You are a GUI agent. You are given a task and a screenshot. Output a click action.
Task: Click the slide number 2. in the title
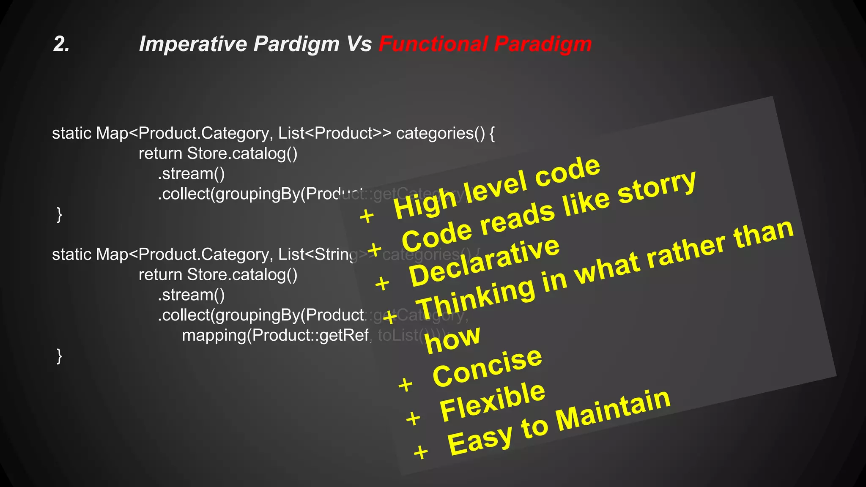point(61,44)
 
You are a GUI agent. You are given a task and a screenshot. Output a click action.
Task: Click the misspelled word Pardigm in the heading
point(296,44)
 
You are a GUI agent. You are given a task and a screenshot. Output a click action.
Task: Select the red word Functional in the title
point(433,44)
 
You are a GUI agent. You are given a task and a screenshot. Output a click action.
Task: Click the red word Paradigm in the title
point(543,44)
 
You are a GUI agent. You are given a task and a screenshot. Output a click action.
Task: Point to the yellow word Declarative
point(484,262)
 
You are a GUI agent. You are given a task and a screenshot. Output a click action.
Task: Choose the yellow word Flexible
point(492,402)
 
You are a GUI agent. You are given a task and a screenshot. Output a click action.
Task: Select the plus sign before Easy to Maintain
point(421,452)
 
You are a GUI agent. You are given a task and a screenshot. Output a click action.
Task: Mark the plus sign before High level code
point(367,216)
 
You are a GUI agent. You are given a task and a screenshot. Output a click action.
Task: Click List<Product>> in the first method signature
point(334,133)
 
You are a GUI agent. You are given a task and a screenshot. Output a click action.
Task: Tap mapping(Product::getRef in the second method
point(275,335)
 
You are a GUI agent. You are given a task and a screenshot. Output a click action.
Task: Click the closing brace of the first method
point(59,214)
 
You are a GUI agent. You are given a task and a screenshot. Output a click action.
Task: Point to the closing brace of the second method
point(59,356)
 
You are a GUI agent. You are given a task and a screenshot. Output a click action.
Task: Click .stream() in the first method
point(191,174)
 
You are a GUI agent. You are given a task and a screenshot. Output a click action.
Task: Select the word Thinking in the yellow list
point(476,298)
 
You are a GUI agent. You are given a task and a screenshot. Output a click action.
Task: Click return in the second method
point(160,275)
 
